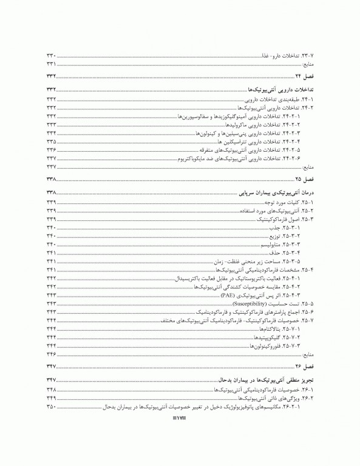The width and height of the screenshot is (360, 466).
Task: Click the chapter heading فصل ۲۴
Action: (x=302, y=75)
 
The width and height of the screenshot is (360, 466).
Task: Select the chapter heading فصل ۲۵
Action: (x=302, y=179)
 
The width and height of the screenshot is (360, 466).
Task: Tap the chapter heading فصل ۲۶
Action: (x=302, y=366)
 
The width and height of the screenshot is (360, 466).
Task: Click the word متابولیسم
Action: (x=276, y=244)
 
